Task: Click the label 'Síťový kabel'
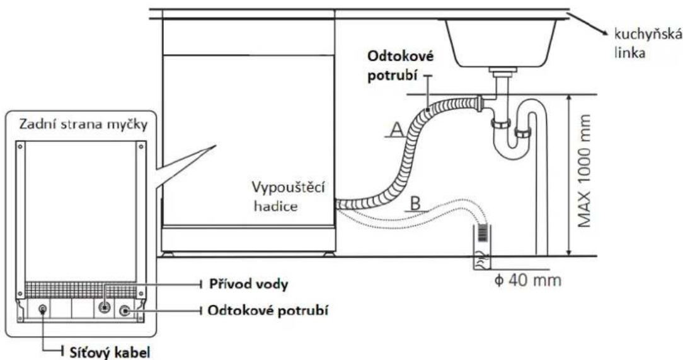pos(110,352)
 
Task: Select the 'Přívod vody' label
pos(249,284)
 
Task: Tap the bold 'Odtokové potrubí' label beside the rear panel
pos(268,311)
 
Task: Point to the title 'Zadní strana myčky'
pos(83,125)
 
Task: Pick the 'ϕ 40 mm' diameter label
pos(528,279)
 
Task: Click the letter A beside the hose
pos(396,130)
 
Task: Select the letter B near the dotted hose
pos(416,203)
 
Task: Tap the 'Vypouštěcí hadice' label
pos(289,196)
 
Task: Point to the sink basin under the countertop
pos(500,44)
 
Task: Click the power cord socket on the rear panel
pos(42,310)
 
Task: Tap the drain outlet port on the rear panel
pos(125,311)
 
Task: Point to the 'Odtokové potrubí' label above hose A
pos(401,66)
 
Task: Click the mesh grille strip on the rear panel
pos(81,289)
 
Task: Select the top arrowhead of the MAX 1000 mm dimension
pos(568,98)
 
